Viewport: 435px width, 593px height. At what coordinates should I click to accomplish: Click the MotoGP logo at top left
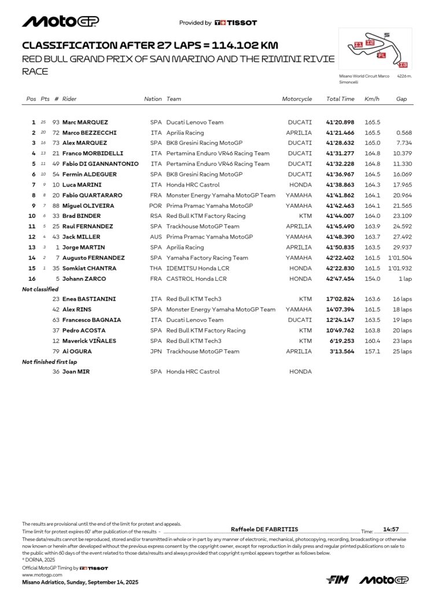[60, 21]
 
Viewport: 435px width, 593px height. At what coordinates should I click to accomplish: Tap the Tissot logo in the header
[235, 23]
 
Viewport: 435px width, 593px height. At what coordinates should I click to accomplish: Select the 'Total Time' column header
[340, 99]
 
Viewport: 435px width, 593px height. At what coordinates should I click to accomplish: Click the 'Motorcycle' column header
[297, 99]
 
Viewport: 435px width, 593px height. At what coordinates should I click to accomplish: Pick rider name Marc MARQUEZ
[85, 122]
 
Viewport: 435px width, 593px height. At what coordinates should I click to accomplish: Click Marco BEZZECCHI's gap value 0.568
[404, 133]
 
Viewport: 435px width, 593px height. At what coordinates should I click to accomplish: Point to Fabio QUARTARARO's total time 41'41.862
[340, 195]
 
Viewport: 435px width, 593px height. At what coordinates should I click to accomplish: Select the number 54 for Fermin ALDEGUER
[56, 174]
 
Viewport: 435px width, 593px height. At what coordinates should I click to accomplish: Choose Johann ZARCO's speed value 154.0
[373, 279]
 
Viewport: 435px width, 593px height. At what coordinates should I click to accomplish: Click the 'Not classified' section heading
[40, 289]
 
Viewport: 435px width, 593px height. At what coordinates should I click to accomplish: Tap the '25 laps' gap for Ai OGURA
[402, 352]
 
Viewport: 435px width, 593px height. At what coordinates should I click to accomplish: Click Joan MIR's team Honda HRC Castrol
[193, 372]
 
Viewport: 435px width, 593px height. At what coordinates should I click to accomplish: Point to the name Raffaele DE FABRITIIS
[264, 529]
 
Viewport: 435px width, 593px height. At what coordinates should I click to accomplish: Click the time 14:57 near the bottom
[391, 529]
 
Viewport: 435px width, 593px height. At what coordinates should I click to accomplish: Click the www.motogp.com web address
[42, 575]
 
